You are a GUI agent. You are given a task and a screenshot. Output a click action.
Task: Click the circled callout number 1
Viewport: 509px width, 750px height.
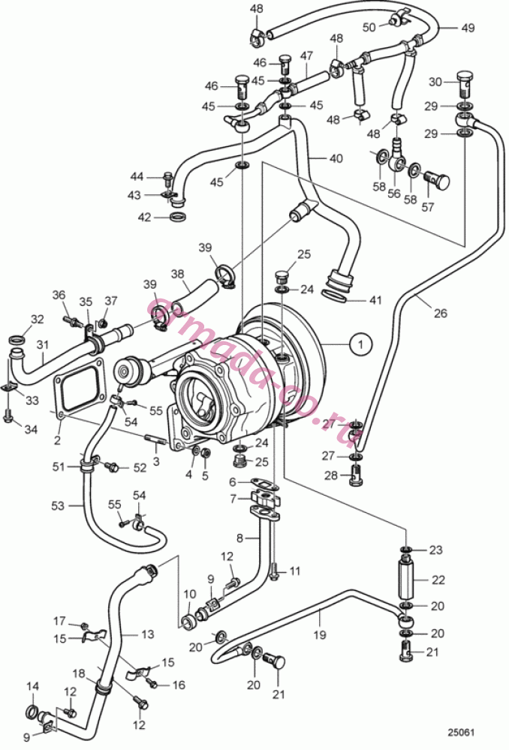[361, 343]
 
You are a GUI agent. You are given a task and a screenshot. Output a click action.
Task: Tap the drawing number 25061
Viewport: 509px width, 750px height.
[461, 732]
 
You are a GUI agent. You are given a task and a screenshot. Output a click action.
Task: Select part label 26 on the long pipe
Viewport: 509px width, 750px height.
[441, 313]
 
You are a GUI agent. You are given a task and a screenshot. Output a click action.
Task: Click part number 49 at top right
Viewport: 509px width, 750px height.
[468, 28]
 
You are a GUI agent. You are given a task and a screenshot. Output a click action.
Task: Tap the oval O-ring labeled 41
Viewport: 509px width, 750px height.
[340, 298]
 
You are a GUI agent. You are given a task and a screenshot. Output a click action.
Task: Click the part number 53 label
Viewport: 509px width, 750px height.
[58, 505]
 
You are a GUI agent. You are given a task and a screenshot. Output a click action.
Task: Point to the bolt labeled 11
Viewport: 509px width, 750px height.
[274, 571]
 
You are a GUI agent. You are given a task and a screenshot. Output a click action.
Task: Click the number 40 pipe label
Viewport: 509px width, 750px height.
[336, 157]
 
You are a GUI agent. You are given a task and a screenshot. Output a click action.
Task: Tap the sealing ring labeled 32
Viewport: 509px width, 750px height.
[17, 340]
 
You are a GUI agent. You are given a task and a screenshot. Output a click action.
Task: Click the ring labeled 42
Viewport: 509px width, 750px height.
[179, 217]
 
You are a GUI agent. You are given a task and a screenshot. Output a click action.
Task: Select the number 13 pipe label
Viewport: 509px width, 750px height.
[147, 634]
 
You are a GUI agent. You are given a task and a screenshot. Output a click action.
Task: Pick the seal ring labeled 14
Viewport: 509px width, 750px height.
[32, 711]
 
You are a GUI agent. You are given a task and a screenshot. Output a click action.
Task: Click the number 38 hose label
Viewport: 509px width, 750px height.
[178, 274]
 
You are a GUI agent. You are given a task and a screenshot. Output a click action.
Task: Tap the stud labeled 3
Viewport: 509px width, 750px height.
[155, 439]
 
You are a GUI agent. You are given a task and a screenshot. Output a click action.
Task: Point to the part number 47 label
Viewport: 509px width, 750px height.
[306, 56]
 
